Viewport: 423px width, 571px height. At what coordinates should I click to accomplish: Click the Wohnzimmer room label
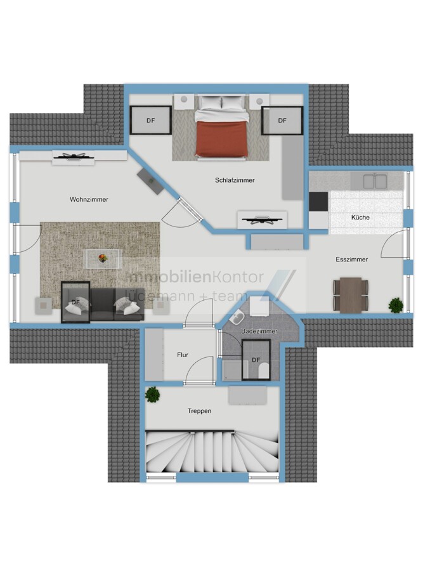[89, 200]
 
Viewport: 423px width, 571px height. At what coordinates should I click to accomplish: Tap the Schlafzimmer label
[235, 180]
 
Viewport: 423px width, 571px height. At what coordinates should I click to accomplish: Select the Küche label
[360, 218]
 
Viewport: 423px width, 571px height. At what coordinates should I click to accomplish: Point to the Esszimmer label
[351, 259]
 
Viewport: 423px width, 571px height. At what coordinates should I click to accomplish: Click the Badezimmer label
[259, 331]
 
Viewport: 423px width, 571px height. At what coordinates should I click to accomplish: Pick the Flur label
[183, 355]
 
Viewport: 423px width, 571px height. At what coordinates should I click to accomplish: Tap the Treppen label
[200, 411]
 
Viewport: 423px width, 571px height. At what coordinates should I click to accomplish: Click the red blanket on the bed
[222, 138]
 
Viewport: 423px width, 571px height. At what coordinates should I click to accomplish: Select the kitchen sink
[375, 181]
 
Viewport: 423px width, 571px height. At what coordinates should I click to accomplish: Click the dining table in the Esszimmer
[351, 295]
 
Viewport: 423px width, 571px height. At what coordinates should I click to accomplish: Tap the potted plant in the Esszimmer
[395, 305]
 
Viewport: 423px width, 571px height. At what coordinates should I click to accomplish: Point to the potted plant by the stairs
[153, 395]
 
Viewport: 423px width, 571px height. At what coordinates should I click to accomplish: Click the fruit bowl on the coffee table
[103, 258]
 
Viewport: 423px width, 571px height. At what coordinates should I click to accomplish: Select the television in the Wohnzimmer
[74, 157]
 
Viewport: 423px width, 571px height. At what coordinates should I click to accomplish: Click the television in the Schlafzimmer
[262, 220]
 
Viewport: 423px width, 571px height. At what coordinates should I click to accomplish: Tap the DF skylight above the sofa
[75, 302]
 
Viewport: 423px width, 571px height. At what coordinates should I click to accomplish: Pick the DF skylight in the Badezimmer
[256, 360]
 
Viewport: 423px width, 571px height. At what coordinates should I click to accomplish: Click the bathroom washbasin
[237, 318]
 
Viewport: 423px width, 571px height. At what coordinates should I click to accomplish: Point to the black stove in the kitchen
[318, 202]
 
